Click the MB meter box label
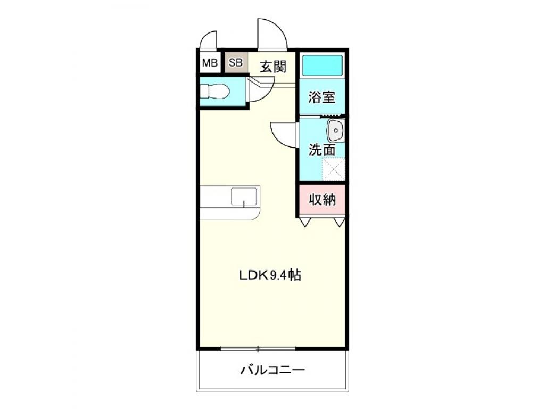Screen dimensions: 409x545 tap(210, 63)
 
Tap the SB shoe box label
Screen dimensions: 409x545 tap(236, 63)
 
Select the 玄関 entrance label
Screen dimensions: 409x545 tap(273, 67)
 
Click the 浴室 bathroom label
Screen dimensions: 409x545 tap(322, 97)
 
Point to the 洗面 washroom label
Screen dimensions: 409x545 tap(322, 150)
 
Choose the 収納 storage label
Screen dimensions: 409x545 tap(322, 200)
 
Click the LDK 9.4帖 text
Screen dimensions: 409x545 tap(270, 275)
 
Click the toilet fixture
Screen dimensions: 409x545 tap(214, 92)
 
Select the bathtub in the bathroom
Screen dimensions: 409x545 tap(322, 66)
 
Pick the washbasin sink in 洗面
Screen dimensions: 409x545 tap(336, 130)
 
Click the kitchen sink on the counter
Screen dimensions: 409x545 tap(244, 197)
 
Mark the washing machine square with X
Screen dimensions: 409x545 tap(334, 169)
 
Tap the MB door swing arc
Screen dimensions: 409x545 tap(209, 39)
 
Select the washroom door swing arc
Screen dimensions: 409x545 tap(283, 134)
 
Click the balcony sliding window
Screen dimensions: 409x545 tap(258, 349)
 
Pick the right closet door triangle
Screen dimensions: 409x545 tap(339, 222)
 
